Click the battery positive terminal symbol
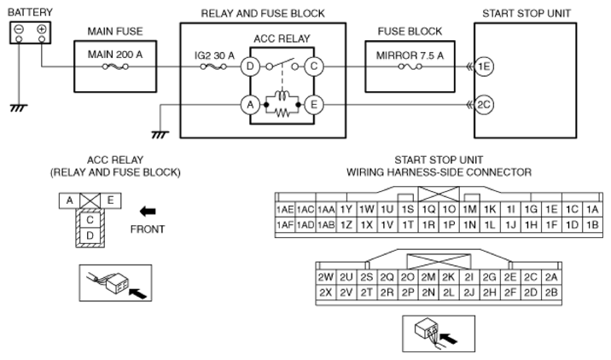point(41,29)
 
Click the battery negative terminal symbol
point(19,29)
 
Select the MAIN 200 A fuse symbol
point(115,67)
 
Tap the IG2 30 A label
point(214,55)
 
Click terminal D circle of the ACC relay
point(250,67)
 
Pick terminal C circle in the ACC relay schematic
point(314,67)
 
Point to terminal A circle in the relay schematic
point(250,105)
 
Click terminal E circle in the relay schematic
point(314,105)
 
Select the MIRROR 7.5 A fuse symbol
point(410,67)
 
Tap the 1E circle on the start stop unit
point(484,67)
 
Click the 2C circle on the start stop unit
point(484,105)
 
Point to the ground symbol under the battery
point(19,108)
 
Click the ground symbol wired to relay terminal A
point(160,135)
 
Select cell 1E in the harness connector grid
point(551,210)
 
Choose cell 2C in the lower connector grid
point(531,277)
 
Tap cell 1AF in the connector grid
point(285,225)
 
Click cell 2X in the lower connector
point(326,293)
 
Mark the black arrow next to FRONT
point(148,212)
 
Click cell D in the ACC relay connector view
point(90,235)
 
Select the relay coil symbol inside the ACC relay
point(282,96)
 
